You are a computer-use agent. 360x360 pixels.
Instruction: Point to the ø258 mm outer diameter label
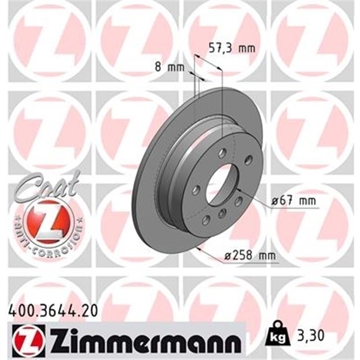pos(249,256)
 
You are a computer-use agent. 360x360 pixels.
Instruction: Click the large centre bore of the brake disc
pos(223,183)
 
